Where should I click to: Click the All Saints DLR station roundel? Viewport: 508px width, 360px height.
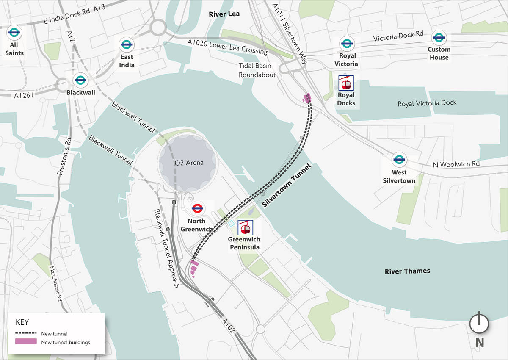[14, 32]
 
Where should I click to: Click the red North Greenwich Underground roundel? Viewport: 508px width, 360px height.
[197, 208]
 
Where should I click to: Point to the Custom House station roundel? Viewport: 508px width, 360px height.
[439, 38]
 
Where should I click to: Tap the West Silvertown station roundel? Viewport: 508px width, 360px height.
[399, 160]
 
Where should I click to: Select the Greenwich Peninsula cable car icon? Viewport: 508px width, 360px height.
[245, 227]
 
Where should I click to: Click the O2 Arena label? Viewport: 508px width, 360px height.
[189, 163]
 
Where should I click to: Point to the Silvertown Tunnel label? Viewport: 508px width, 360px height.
[287, 185]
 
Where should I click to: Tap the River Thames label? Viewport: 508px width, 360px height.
[407, 271]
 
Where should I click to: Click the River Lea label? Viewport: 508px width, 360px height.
[224, 14]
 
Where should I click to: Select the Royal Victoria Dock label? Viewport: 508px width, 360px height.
[427, 103]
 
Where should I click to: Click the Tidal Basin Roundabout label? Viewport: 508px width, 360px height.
[257, 70]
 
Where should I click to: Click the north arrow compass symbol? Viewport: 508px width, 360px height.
[479, 324]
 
